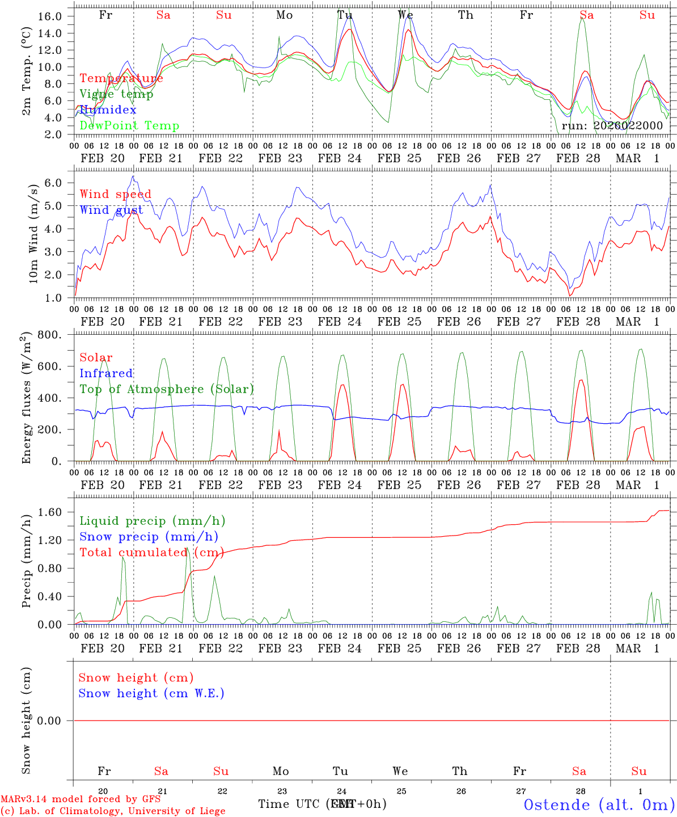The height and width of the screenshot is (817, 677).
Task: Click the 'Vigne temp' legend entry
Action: tap(116, 94)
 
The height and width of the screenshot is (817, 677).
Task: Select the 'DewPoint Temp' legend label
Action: tap(129, 126)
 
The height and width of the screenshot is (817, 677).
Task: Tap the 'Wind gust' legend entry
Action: tap(111, 210)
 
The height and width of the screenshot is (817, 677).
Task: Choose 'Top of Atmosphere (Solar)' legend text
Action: tap(167, 389)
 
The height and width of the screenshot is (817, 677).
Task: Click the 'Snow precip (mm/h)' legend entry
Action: tap(149, 537)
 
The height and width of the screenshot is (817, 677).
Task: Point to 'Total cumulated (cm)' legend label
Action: tap(151, 552)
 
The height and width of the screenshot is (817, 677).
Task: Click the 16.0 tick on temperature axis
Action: tap(50, 16)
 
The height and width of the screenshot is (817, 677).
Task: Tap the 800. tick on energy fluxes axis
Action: tap(49, 335)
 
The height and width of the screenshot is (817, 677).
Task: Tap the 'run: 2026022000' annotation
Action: tap(612, 126)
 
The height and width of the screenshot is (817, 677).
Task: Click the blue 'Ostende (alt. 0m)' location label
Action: tap(599, 805)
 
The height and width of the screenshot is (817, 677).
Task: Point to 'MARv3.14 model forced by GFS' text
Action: tap(81, 799)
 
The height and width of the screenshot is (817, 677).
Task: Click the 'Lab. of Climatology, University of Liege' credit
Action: tap(112, 811)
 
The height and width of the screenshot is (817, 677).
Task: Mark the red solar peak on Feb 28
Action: tap(580, 380)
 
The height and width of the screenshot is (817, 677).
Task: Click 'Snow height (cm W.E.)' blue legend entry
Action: tap(151, 693)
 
